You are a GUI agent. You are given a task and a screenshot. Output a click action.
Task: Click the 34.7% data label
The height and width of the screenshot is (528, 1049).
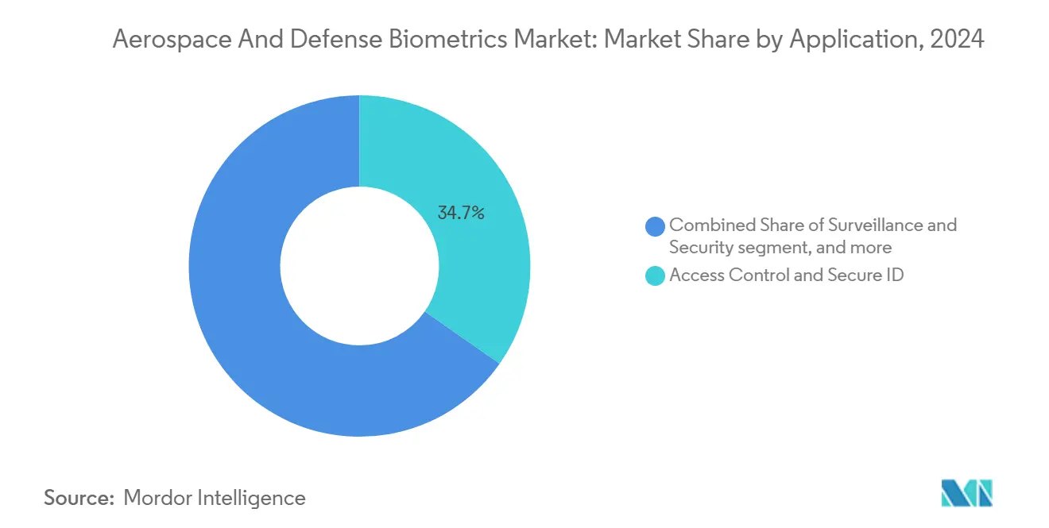461,213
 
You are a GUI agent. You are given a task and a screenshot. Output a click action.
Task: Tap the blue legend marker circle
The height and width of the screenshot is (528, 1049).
656,226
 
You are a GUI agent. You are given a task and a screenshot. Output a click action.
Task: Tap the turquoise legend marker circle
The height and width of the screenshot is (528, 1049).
656,276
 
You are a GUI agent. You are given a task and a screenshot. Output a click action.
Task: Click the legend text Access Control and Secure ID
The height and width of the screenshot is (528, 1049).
787,276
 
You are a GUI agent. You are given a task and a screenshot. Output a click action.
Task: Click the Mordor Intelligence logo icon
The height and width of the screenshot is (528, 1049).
966,493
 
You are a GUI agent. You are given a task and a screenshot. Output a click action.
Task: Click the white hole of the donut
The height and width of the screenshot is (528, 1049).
359,266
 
